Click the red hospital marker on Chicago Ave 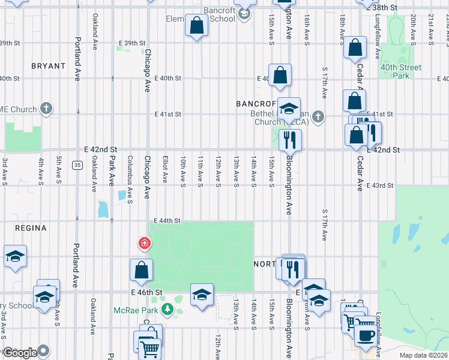(x=144, y=244)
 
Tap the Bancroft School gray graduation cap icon (x=244, y=13)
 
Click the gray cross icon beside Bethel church (x=318, y=117)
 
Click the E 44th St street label (x=167, y=221)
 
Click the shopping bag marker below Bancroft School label (x=197, y=26)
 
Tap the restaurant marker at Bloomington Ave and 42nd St (x=290, y=140)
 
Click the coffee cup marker (x=365, y=334)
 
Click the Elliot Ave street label (x=164, y=170)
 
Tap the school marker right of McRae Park (x=202, y=294)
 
